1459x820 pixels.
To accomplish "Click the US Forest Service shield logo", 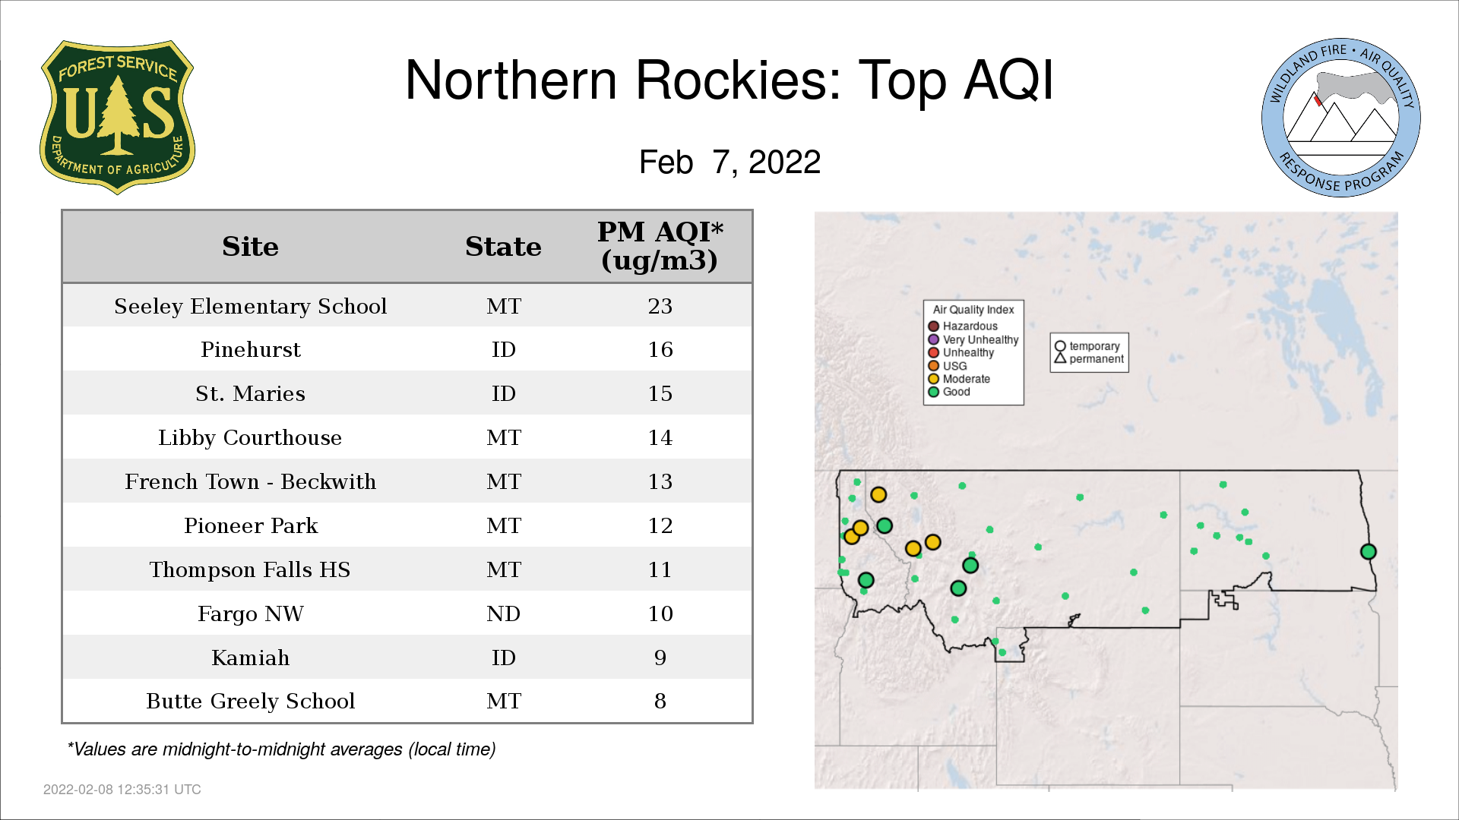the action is (x=117, y=117).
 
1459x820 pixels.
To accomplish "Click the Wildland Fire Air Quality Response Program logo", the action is (x=1341, y=118).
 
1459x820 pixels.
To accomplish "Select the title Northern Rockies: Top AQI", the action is (x=729, y=80).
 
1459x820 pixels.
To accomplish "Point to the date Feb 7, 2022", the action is (x=729, y=162).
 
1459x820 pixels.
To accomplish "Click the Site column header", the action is (x=250, y=247).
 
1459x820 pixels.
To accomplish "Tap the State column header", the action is (x=503, y=247).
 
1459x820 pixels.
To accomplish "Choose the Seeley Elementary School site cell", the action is (x=251, y=306).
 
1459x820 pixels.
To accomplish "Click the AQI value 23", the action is (x=660, y=306).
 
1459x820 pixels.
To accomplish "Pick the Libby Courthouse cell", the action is (x=250, y=438).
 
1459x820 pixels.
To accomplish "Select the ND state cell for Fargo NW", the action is (x=503, y=613).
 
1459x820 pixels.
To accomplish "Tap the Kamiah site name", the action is (x=251, y=658).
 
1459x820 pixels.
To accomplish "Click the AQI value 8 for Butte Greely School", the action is (x=660, y=701).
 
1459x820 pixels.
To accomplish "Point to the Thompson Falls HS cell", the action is (x=250, y=569).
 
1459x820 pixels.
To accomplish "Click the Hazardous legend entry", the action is (x=964, y=326).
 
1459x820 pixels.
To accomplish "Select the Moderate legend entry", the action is (x=959, y=379).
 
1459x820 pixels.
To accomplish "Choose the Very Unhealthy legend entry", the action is (x=973, y=339).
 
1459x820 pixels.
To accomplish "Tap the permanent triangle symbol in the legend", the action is (x=1060, y=358).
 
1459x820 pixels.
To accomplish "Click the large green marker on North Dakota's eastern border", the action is (x=1369, y=552).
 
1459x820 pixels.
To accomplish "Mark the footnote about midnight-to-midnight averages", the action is (x=281, y=749).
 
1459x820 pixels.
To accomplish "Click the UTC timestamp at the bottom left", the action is (x=122, y=790).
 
